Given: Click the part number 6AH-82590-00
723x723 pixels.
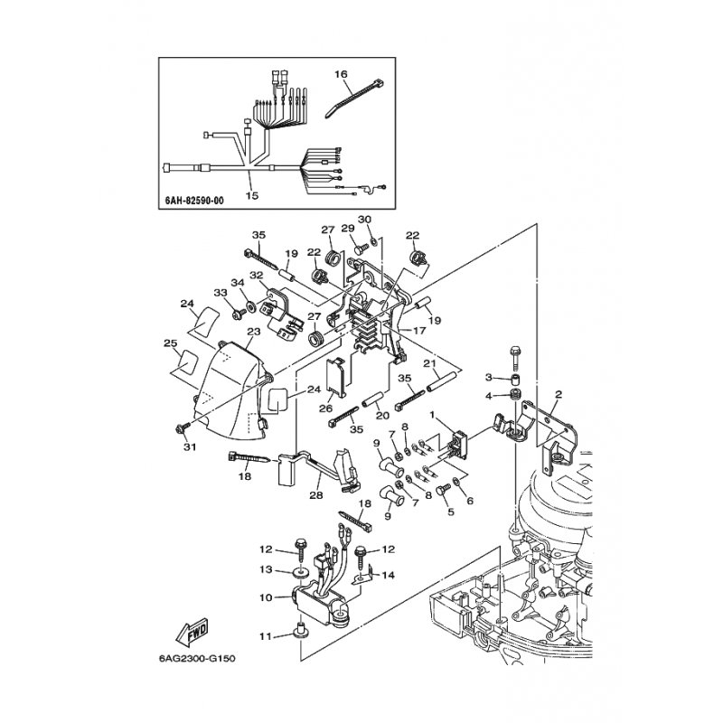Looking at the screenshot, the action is [x=194, y=201].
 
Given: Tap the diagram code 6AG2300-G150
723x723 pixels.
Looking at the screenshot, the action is [x=197, y=658].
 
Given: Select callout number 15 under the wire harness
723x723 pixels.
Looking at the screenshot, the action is [x=252, y=195].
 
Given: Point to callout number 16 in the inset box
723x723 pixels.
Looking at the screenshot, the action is [x=342, y=74].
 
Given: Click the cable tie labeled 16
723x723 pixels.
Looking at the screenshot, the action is [x=353, y=98].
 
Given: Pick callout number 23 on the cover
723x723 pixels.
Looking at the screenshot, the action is [x=254, y=332].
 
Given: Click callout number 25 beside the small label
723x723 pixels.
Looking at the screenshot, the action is [x=171, y=343].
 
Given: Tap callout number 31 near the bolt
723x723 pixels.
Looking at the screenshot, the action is [x=190, y=446].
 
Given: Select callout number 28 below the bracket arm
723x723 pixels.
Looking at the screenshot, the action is [x=316, y=495].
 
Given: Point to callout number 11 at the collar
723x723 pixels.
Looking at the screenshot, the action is [x=266, y=637].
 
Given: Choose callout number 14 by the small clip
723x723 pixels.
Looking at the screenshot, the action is [x=389, y=575].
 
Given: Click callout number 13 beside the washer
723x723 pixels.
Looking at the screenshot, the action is [x=266, y=570].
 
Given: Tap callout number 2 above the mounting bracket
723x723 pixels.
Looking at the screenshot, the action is [x=559, y=394].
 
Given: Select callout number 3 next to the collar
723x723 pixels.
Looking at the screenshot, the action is [x=489, y=378].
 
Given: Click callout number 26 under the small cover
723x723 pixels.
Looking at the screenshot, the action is [x=326, y=409].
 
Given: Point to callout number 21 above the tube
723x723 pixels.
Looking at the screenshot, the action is [x=430, y=364].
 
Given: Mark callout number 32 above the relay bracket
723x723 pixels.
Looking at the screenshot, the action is [x=257, y=276].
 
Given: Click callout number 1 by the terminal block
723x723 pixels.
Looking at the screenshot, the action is [x=433, y=415].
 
